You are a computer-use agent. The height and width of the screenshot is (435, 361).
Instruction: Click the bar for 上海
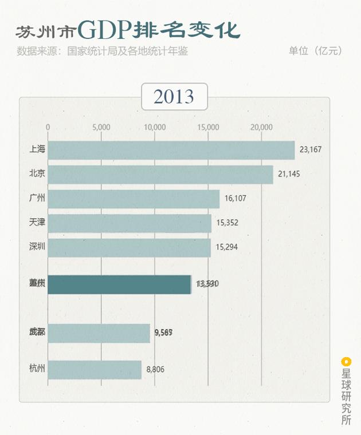click(x=171, y=150)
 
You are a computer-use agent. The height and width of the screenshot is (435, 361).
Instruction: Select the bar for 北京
click(x=160, y=175)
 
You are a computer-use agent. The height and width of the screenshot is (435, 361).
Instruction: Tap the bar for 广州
click(x=134, y=199)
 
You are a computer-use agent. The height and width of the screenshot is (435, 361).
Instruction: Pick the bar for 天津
click(x=130, y=223)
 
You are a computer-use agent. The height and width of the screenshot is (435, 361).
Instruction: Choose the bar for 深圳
click(x=129, y=247)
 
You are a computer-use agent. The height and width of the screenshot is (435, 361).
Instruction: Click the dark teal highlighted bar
click(x=119, y=284)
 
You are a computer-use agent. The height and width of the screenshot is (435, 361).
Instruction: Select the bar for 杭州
click(x=95, y=369)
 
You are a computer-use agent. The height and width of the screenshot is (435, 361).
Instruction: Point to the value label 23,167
click(x=310, y=150)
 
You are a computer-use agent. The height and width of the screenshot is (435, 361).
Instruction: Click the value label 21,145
click(x=289, y=174)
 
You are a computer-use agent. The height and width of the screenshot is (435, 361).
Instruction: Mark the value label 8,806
click(x=155, y=369)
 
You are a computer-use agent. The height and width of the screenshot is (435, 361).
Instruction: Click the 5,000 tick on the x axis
click(x=101, y=127)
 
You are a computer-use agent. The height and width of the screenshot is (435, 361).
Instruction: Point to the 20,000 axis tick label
click(x=261, y=127)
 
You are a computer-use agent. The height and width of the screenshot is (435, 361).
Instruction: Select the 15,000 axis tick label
click(x=208, y=127)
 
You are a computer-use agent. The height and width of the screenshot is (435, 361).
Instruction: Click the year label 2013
click(x=174, y=96)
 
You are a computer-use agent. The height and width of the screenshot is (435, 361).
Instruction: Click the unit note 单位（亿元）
click(x=315, y=51)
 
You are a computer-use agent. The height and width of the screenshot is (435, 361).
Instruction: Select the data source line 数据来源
click(x=103, y=51)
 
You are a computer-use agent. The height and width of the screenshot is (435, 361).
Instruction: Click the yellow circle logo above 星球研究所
click(x=346, y=361)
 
